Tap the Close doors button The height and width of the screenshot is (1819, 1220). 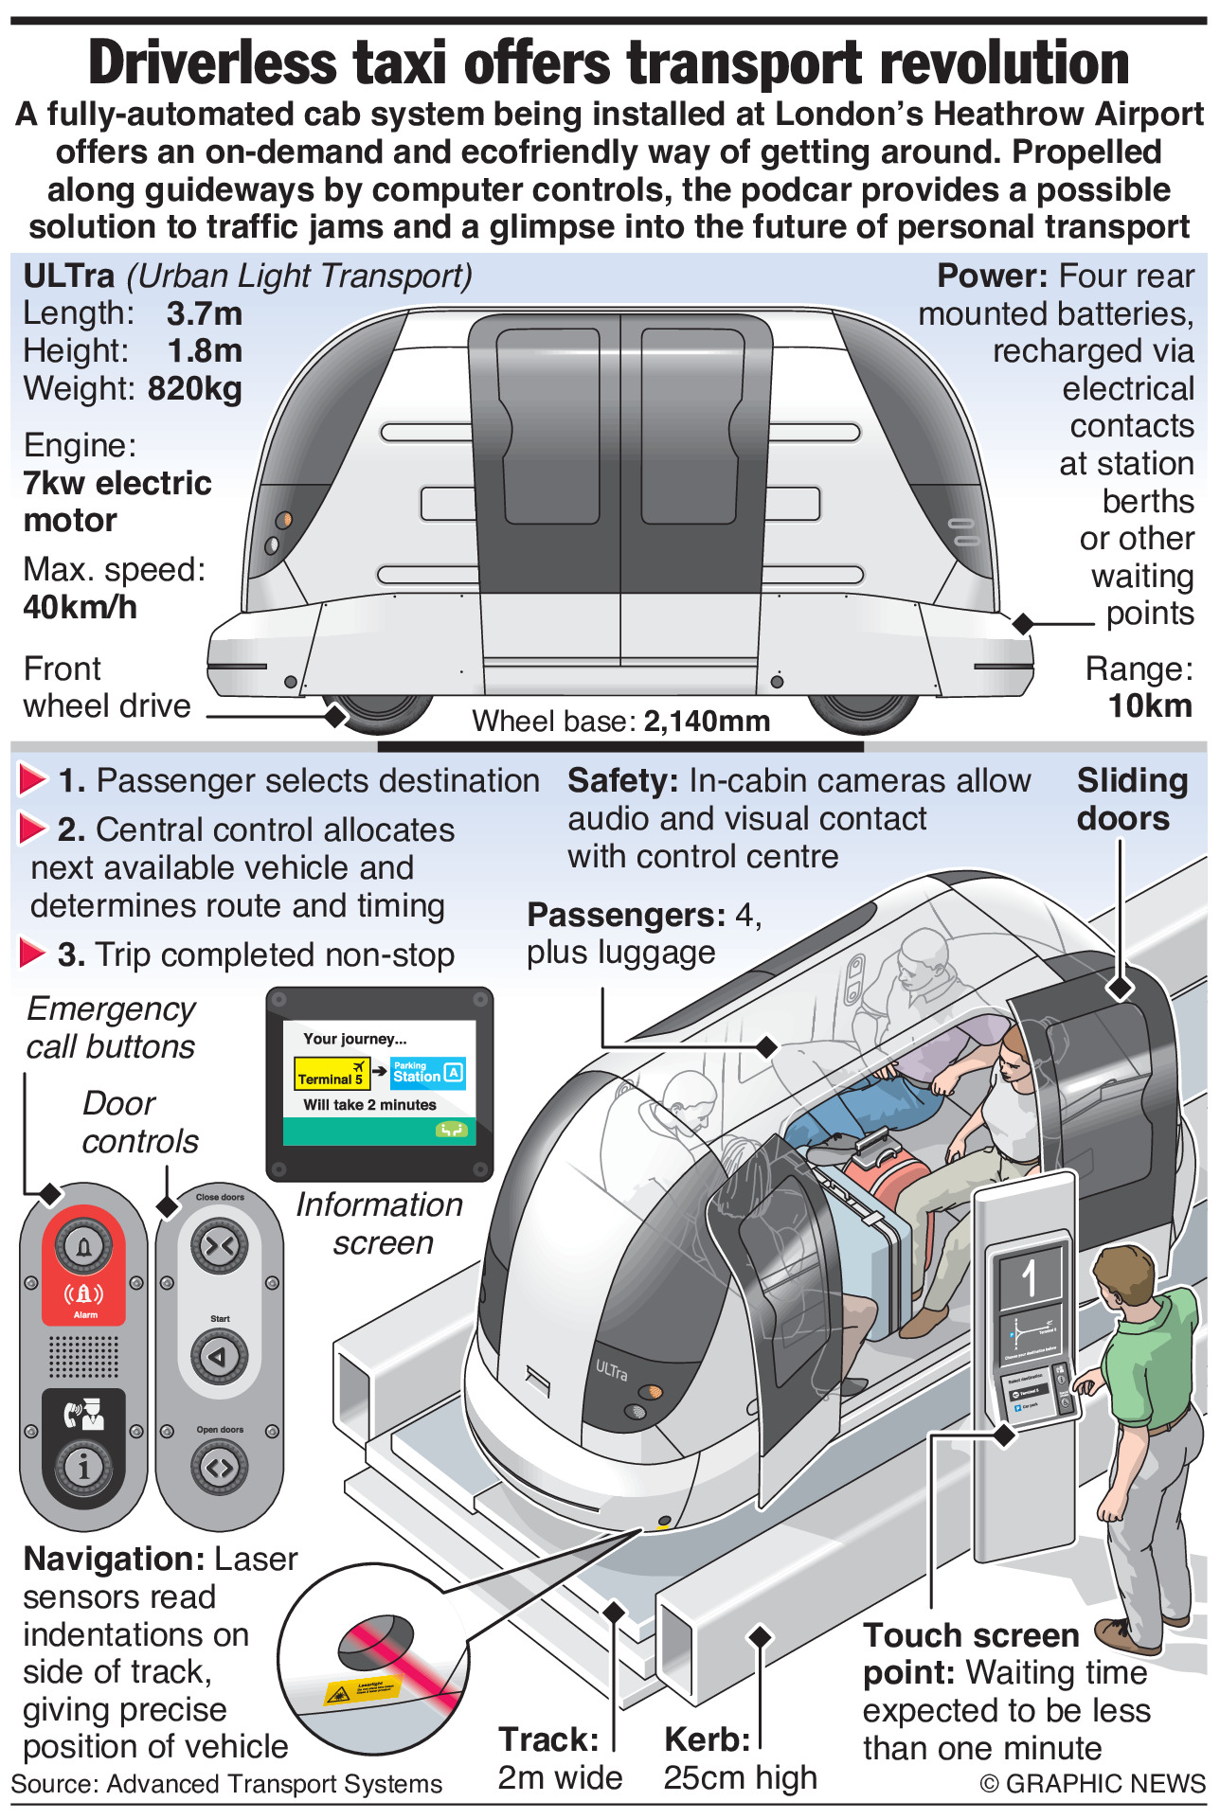coord(219,1246)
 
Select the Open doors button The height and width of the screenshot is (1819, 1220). coord(219,1467)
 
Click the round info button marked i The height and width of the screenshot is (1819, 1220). coord(83,1467)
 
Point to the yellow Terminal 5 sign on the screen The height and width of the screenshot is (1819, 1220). coord(331,1074)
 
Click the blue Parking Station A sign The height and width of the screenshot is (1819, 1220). coord(427,1073)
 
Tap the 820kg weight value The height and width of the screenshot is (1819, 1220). coord(195,389)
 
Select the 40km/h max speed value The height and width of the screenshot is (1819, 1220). coord(80,607)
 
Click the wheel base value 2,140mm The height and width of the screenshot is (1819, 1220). coord(707,722)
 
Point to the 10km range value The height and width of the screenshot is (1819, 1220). coord(1150,706)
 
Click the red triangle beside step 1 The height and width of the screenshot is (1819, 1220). coord(32,780)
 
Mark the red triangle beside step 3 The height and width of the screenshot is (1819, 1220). coord(32,954)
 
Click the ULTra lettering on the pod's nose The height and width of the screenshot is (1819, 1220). coord(611,1369)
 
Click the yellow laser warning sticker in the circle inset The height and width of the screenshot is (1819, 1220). coord(361,1690)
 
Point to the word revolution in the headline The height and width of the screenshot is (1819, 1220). coord(1005,63)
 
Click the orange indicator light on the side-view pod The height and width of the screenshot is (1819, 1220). coord(283,520)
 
